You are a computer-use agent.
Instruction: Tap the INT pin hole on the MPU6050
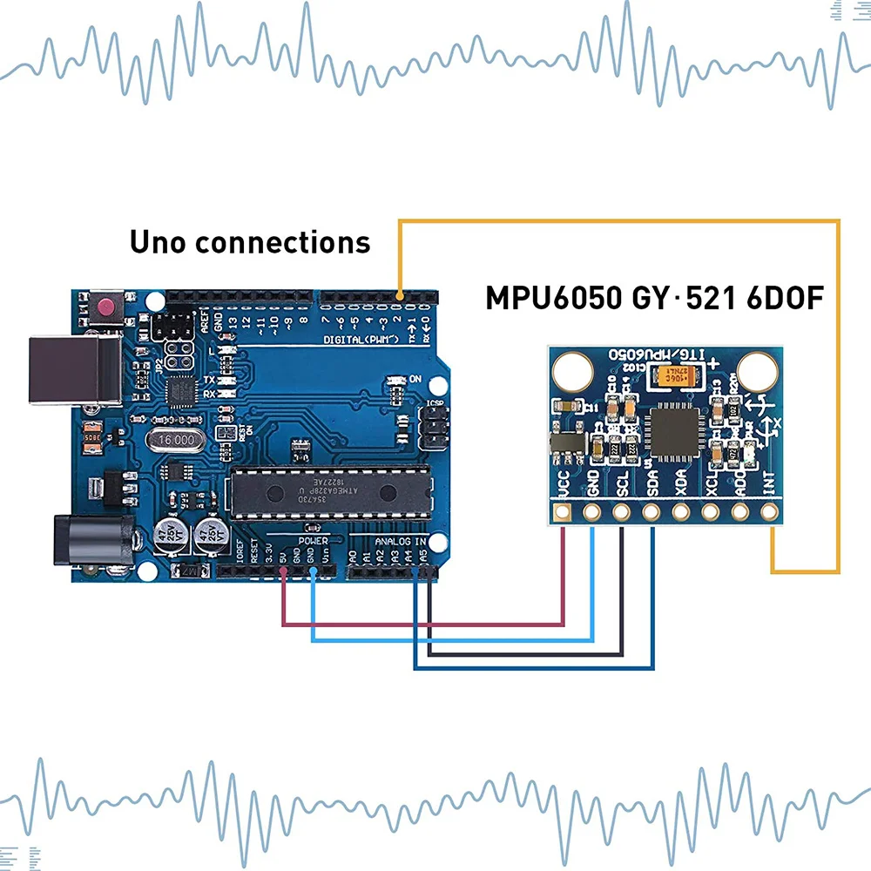pos(768,511)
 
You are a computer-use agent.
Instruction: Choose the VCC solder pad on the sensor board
pos(563,511)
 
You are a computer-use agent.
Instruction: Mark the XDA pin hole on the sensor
pos(680,511)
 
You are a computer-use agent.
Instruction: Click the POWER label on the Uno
pos(314,541)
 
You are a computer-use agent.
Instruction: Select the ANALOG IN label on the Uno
pos(401,541)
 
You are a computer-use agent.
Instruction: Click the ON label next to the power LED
pos(415,379)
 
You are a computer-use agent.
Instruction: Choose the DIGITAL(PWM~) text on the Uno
pos(362,338)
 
